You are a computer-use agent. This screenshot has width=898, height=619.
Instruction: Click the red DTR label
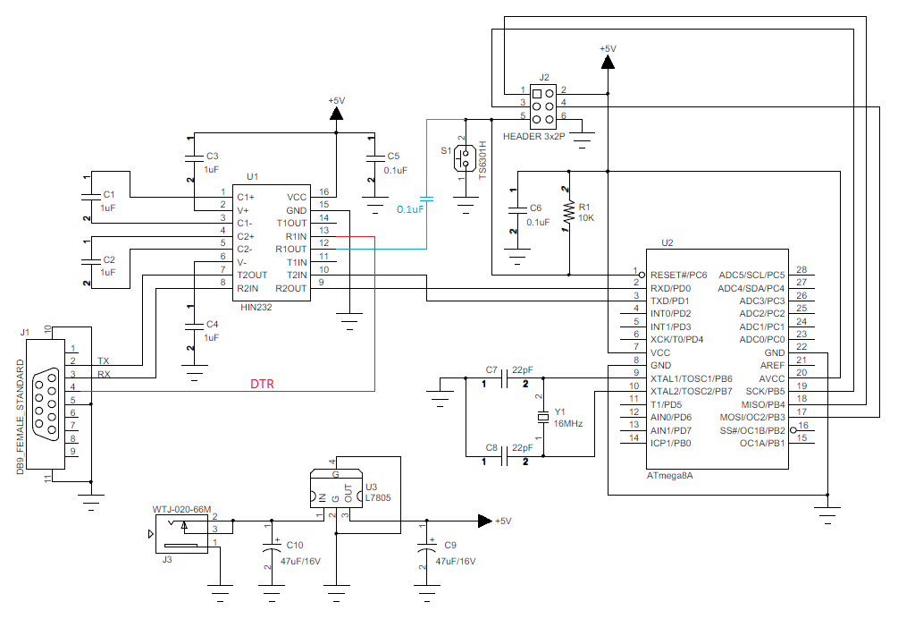(x=262, y=385)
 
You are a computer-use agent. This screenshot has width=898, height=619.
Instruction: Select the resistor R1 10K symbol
(x=567, y=212)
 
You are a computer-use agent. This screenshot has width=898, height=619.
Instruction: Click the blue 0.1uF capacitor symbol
(x=427, y=200)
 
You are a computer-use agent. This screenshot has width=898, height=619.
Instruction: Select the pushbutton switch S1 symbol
(x=464, y=158)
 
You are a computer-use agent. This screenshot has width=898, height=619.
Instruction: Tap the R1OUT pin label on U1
(x=291, y=249)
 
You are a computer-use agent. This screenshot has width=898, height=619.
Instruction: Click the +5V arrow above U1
(x=337, y=114)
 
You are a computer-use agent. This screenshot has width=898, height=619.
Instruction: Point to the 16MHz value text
(x=568, y=423)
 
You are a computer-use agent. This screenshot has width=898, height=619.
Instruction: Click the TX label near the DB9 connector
(x=104, y=360)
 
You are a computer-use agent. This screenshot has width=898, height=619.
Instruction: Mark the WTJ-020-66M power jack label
(x=181, y=509)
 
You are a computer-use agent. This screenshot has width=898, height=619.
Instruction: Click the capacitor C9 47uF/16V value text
(x=455, y=561)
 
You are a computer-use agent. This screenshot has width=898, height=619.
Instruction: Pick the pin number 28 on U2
(x=801, y=270)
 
